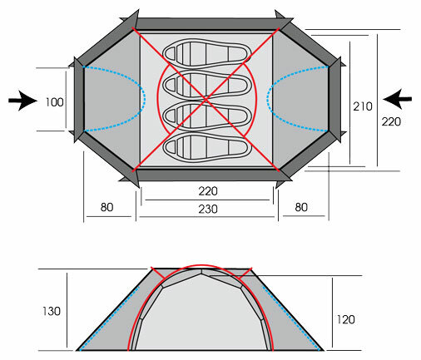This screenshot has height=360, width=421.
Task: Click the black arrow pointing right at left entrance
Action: tap(23, 101)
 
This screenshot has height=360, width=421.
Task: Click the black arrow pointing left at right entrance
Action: tap(397, 99)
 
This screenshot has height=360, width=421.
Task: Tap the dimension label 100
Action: tap(54, 102)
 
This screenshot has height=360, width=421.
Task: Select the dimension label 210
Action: tap(363, 106)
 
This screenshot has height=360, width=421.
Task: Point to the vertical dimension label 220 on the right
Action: tap(391, 121)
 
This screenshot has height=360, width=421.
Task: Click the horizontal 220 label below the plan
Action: tap(208, 191)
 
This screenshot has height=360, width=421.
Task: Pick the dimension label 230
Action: tap(208, 209)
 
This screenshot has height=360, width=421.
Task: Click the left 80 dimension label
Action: tap(106, 207)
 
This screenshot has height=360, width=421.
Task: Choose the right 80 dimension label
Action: tap(301, 207)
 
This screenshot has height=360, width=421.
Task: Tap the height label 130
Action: tap(52, 311)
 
